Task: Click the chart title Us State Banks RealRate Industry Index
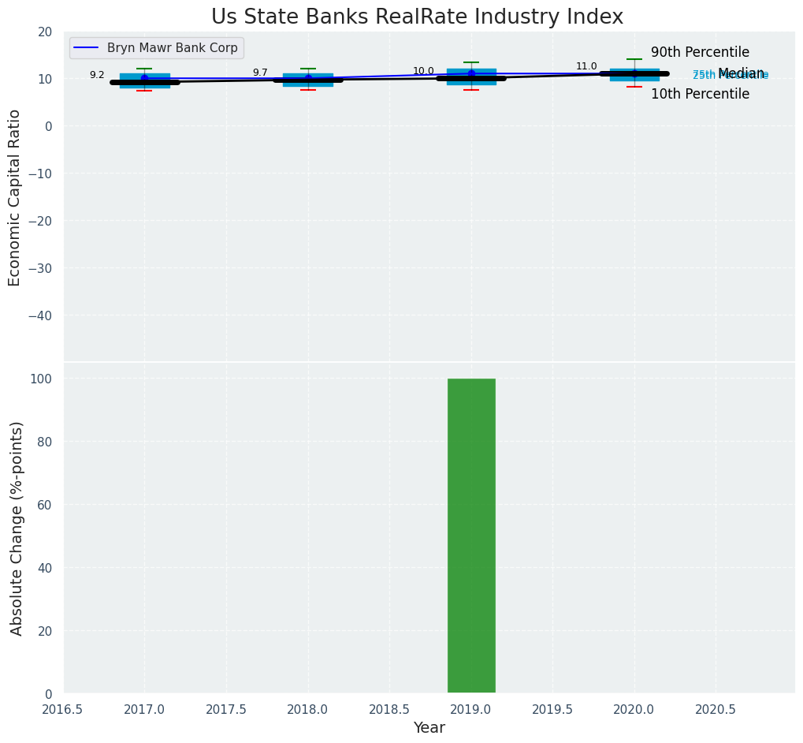click(x=417, y=17)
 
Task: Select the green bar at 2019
click(x=471, y=536)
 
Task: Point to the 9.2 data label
click(x=97, y=76)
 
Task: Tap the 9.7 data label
click(x=260, y=73)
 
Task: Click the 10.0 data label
click(x=423, y=72)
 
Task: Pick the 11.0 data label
click(x=586, y=67)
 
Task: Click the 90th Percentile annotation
click(x=700, y=53)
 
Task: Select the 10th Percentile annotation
click(x=700, y=95)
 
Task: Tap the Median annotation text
click(x=741, y=73)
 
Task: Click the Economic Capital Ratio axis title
click(x=15, y=197)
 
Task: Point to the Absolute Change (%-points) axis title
click(x=17, y=528)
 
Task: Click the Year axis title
click(x=429, y=728)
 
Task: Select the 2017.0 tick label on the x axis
click(x=144, y=709)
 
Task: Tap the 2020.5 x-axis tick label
click(x=716, y=709)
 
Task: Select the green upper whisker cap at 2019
click(x=471, y=62)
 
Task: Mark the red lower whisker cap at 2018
click(x=308, y=90)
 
